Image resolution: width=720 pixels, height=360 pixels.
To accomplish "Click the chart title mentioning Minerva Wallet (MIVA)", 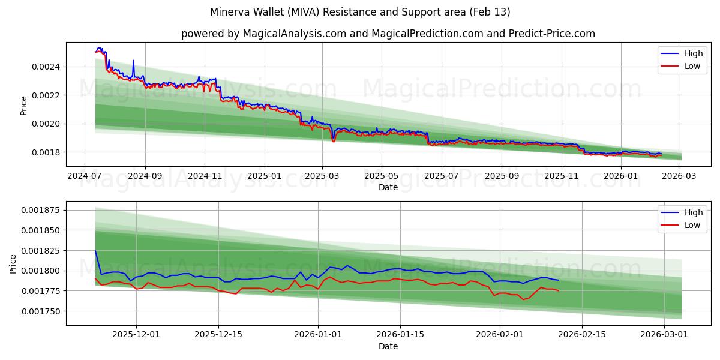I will [360, 12].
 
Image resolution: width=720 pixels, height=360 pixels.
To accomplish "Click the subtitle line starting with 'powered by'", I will [388, 34].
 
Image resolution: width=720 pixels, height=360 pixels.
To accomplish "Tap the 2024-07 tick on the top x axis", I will [85, 176].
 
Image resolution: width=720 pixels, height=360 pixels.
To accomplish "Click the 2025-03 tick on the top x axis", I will [322, 176].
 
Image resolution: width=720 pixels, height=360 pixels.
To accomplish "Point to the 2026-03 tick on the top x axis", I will [679, 176].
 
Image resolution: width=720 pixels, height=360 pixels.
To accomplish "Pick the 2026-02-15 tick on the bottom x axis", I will [581, 334].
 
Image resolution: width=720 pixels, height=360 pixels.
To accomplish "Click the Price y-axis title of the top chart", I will [24, 105].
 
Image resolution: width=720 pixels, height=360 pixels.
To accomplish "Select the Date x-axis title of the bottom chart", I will [388, 346].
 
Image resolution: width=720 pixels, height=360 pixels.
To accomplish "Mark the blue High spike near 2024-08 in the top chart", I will [133, 61].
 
